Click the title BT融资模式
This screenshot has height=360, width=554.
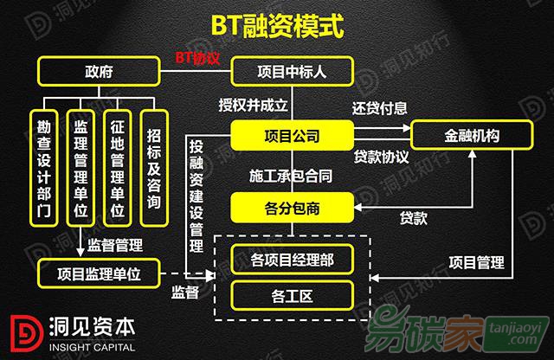pyautogui.click(x=277, y=26)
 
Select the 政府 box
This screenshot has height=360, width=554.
pyautogui.click(x=99, y=71)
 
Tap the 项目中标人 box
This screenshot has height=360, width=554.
pyautogui.click(x=292, y=71)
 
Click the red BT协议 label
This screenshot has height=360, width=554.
pyautogui.click(x=198, y=58)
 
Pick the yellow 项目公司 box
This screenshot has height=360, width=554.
pyautogui.click(x=292, y=136)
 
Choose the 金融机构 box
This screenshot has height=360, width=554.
pyautogui.click(x=472, y=135)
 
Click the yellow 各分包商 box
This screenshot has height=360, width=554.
pyautogui.click(x=292, y=208)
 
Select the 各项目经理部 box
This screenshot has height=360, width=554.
pyautogui.click(x=292, y=260)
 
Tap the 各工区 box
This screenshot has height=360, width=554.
pyautogui.click(x=292, y=296)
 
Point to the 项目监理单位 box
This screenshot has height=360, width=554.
pyautogui.click(x=99, y=273)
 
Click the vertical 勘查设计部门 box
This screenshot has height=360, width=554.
pyautogui.click(x=44, y=168)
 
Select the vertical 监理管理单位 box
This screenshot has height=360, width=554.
pyautogui.click(x=81, y=168)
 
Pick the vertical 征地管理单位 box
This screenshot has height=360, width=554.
pyautogui.click(x=118, y=168)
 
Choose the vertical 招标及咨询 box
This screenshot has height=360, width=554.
pyautogui.click(x=154, y=168)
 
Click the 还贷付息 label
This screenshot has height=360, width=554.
pyautogui.click(x=380, y=108)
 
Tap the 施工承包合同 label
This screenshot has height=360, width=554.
pyautogui.click(x=291, y=176)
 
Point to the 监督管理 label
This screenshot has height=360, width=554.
pyautogui.click(x=115, y=245)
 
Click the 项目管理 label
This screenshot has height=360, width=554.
pyautogui.click(x=477, y=262)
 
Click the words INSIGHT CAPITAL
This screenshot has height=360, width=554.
pyautogui.click(x=93, y=347)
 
